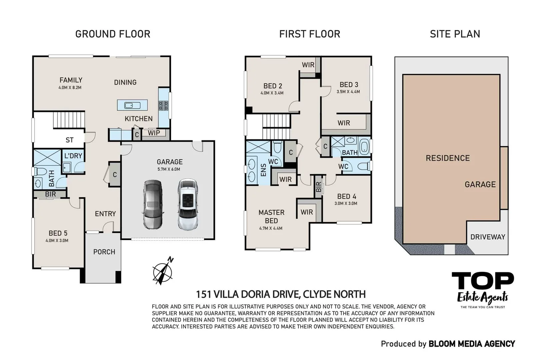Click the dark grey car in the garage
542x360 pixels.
(153, 204)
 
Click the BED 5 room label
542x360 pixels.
(58, 233)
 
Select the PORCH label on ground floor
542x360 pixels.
(104, 252)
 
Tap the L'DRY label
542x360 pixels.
(73, 156)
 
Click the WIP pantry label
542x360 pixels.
(154, 133)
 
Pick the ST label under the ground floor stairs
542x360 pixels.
(69, 140)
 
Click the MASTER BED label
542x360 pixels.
(271, 216)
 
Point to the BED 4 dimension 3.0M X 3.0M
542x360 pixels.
(346, 203)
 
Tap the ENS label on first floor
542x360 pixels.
(263, 170)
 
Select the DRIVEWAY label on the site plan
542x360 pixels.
(487, 237)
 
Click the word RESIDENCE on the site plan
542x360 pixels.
(448, 158)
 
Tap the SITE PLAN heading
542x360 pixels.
(455, 34)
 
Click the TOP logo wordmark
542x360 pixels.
(482, 281)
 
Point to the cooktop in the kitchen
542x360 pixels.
(163, 106)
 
